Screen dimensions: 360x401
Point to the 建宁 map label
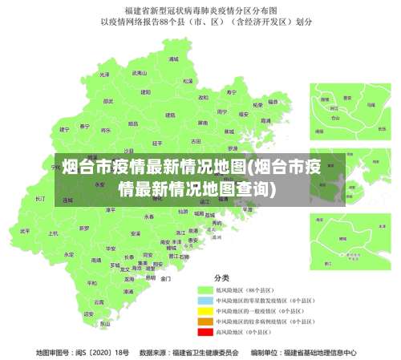click(65, 128)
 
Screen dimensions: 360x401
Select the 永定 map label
click(69, 253)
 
